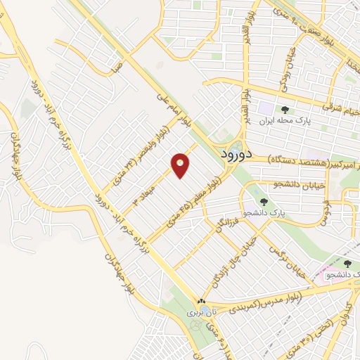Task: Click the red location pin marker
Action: pyautogui.click(x=181, y=165)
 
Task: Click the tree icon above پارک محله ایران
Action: pyautogui.click(x=285, y=110)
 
